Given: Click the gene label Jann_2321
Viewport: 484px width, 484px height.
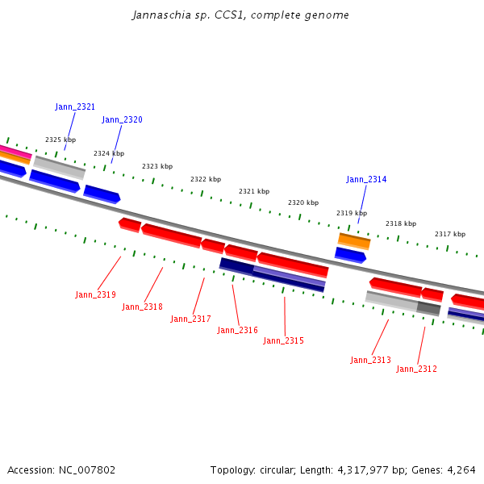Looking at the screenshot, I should coord(75,106).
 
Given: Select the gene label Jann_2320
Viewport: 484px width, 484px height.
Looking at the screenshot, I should coord(122,120).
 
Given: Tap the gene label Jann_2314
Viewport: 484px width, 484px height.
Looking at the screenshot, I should coord(366,179).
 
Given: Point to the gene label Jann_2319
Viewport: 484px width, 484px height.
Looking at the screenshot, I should coord(95,295).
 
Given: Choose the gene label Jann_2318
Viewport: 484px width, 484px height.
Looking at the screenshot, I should coord(142,307).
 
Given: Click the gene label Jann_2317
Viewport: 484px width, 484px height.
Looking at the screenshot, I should coord(190,319).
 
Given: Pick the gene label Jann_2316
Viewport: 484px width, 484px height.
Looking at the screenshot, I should coord(237,331).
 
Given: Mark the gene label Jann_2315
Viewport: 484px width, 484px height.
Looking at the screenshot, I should coord(283,341).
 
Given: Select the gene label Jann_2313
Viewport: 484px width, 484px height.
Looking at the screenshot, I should coord(370,361).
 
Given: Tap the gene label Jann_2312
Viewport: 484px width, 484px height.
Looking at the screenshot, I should coord(416,369).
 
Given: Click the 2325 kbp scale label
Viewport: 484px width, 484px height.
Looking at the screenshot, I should coord(60,140).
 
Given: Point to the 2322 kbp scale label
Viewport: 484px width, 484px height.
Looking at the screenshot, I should coord(206,179).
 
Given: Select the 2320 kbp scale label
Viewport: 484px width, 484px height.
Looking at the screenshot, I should coord(303,203).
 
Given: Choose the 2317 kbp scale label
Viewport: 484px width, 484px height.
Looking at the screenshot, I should coord(450,235).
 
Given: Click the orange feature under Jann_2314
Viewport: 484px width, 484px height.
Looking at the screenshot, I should coord(354,240).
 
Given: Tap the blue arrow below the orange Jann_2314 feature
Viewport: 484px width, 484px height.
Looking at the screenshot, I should coord(350,255).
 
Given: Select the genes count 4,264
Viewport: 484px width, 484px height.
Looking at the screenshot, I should coord(461,470).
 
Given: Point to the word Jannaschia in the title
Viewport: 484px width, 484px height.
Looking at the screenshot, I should coord(157,15).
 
